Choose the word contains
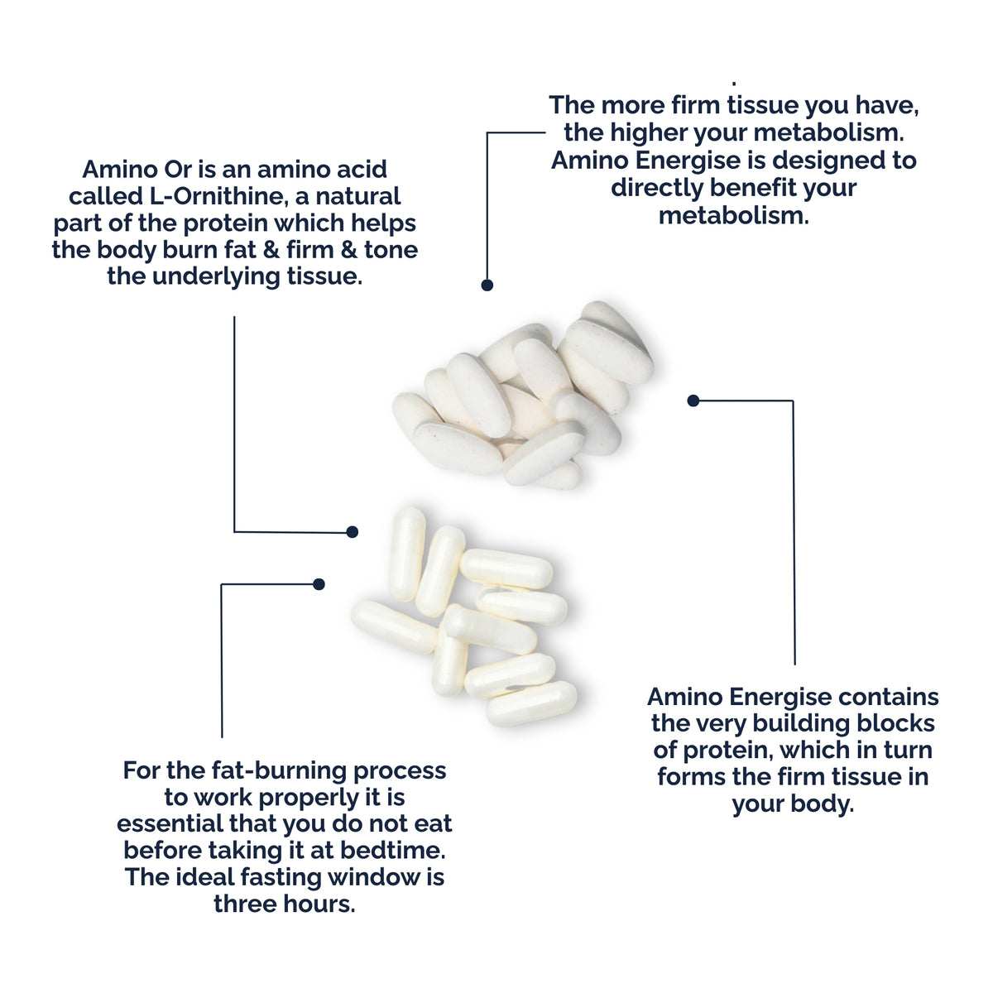[x=889, y=697]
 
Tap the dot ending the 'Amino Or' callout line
[x=352, y=532]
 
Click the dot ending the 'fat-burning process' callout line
[x=319, y=584]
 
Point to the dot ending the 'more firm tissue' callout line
[x=487, y=285]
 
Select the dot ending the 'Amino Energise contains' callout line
[x=693, y=401]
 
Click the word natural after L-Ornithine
[x=358, y=196]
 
